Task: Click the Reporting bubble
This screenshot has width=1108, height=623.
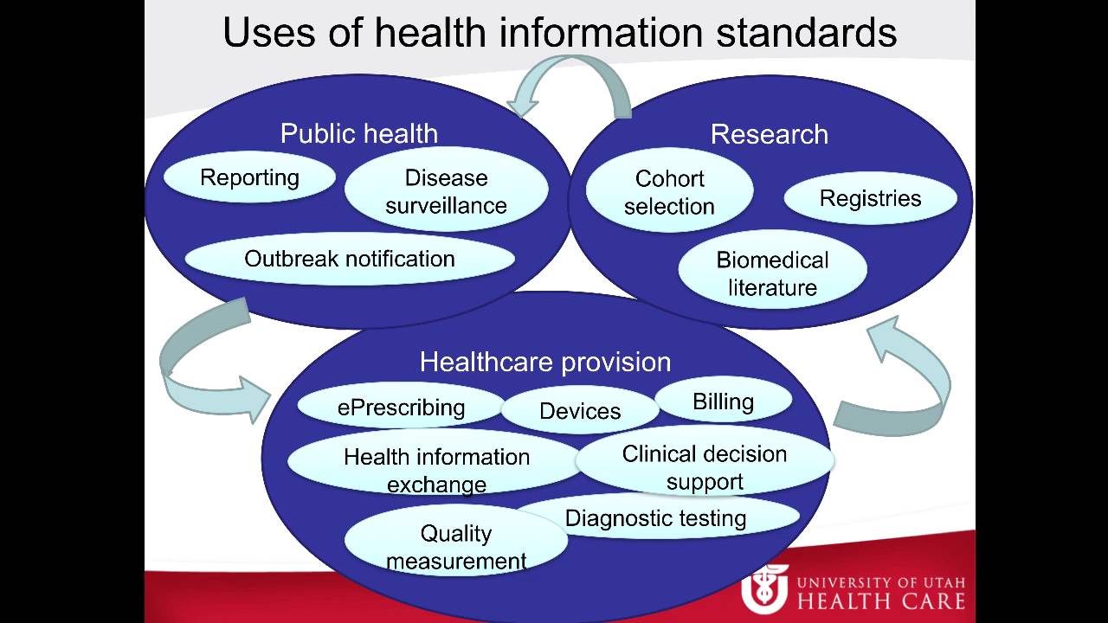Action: click(249, 178)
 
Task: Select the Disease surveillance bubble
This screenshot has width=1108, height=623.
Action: click(446, 191)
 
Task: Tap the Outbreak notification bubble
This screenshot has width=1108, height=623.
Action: click(350, 259)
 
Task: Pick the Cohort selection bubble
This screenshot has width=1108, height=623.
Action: click(669, 192)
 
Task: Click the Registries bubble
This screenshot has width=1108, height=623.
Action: click(870, 198)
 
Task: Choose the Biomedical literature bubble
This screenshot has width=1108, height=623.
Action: click(772, 273)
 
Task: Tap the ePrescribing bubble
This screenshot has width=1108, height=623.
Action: click(401, 407)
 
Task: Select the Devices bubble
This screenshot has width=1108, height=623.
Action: click(580, 411)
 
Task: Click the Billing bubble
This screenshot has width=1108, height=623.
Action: click(723, 401)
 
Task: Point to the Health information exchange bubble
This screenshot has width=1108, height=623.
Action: click(435, 469)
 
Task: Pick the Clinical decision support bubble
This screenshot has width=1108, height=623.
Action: click(704, 467)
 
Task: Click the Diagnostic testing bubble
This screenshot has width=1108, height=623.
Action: click(655, 518)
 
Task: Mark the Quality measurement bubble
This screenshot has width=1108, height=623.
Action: click(456, 547)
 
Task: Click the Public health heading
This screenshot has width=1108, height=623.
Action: click(358, 134)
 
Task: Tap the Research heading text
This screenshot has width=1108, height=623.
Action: click(769, 134)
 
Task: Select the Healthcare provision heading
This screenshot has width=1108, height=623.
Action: click(545, 362)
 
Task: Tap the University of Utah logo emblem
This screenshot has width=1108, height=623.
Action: click(764, 588)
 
